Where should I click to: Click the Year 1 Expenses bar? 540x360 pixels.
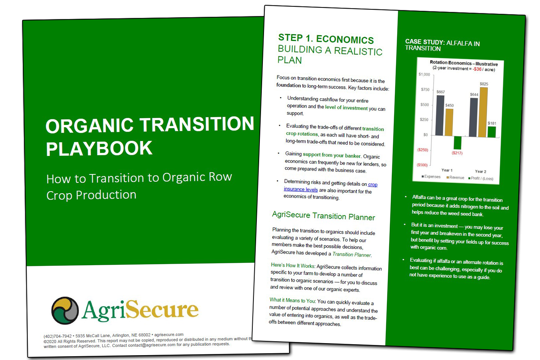(x=439, y=114)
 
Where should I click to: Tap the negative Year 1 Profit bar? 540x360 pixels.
(x=457, y=142)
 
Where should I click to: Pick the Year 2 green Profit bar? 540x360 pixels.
(x=492, y=132)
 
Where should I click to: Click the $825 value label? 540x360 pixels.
(x=484, y=84)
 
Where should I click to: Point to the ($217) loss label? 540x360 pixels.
(x=457, y=153)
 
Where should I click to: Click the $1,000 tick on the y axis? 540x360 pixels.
(x=424, y=75)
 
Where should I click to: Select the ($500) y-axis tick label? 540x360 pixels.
(x=422, y=165)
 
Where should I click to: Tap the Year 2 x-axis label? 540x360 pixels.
(x=480, y=171)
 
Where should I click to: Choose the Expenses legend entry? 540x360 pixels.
(x=431, y=177)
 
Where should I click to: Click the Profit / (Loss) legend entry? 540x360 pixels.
(x=481, y=178)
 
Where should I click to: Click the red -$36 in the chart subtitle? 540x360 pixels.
(x=477, y=69)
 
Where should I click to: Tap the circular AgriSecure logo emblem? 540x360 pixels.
(x=65, y=310)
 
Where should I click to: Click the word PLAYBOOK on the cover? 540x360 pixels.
(x=99, y=148)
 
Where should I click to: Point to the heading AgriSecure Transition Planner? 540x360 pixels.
(x=323, y=216)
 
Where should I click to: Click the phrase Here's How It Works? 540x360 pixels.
(x=292, y=265)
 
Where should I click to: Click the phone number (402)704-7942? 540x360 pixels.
(x=58, y=336)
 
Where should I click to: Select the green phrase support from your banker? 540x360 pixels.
(x=331, y=155)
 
